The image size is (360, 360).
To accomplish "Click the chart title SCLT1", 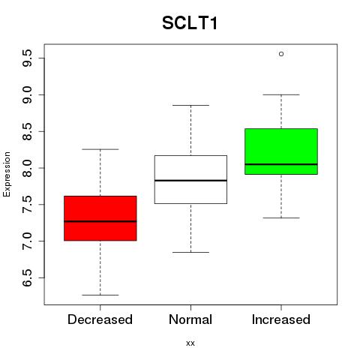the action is point(190,23).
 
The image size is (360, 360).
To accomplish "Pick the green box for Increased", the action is point(281,151).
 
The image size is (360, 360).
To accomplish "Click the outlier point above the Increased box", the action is point(281,54).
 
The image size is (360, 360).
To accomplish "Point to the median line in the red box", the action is point(100,221).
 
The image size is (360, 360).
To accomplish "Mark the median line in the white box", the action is point(190,180).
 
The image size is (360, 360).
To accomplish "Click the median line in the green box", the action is point(281,164).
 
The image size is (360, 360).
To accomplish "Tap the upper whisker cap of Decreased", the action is point(100,149).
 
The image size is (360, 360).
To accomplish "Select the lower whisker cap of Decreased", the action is point(100,295).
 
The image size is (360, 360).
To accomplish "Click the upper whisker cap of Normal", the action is point(190,105).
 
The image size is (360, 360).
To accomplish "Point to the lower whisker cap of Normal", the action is point(190,252).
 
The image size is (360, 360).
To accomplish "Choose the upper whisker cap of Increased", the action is point(281,94).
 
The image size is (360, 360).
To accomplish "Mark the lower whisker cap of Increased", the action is point(281,218).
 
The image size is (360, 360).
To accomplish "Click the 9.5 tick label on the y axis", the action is point(27,58).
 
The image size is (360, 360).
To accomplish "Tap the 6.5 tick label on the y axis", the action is point(27,277).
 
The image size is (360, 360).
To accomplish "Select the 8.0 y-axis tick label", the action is point(27,168).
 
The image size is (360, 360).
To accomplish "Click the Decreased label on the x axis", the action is point(100,319).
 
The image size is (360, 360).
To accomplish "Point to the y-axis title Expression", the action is point(7,174).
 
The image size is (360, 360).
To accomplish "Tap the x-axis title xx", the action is point(190,343).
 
